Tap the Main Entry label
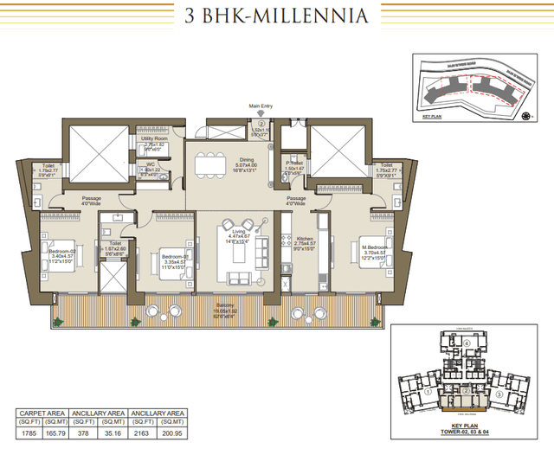(x=261, y=108)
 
